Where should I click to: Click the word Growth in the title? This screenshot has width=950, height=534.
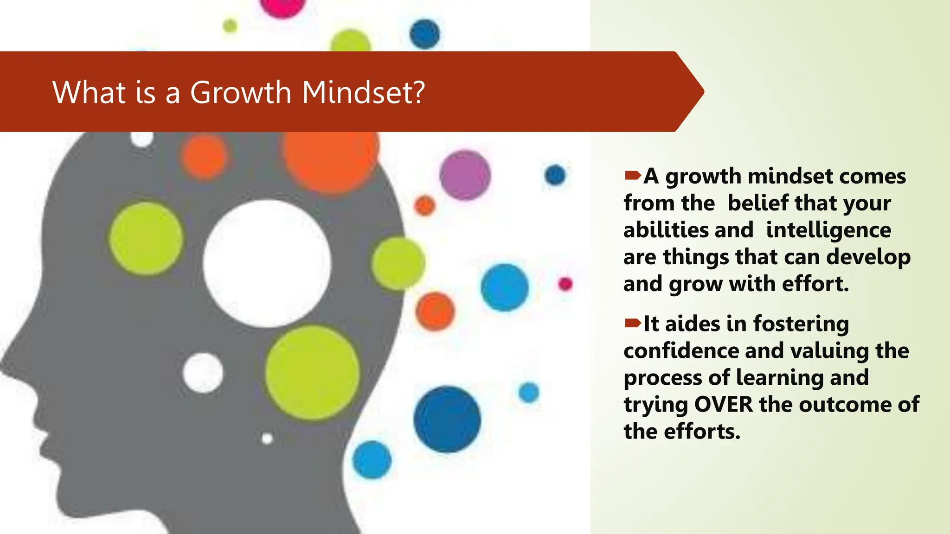(240, 92)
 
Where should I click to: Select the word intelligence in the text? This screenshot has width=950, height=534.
(828, 230)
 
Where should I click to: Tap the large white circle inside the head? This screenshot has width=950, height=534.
(267, 263)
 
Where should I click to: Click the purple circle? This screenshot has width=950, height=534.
(465, 175)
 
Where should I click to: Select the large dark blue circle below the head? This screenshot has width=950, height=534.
(447, 419)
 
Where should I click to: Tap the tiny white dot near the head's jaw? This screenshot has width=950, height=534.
(267, 438)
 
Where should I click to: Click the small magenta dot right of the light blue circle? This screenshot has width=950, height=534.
(565, 284)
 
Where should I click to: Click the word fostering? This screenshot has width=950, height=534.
(801, 324)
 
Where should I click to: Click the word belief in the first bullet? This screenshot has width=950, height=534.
(757, 203)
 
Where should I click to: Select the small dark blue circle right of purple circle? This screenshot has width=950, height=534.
(555, 175)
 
